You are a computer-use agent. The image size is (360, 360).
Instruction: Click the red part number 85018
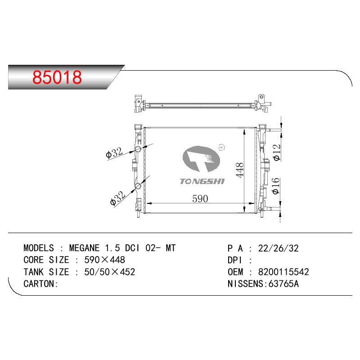pos(57,77)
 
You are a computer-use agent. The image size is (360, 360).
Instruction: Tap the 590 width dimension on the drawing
pos(200,198)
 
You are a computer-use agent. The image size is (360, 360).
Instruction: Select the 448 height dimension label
pos(240,170)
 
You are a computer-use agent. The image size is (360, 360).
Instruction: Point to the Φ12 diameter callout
pos(277,153)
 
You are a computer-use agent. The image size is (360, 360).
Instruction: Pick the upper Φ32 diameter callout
pos(114,153)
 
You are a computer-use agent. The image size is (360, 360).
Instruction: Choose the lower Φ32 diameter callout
pos(117,198)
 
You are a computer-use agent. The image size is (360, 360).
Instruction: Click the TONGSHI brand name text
pos(202,181)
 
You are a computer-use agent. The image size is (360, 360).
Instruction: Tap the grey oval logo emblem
pos(201,159)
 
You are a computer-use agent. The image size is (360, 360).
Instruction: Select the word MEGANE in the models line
pos(84,248)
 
